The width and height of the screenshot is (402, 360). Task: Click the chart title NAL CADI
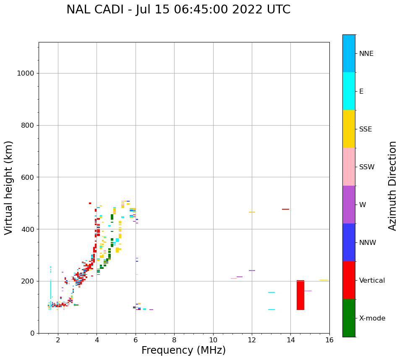178,10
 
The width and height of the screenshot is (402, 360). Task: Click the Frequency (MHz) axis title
183,350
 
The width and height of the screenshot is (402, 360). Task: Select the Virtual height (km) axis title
9,187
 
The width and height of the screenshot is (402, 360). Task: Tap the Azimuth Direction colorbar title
392,186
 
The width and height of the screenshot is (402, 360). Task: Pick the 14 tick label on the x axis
291,340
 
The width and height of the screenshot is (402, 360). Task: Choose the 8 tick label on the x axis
174,340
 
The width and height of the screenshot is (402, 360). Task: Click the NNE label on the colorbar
366,53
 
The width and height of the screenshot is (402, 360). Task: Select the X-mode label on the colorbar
372,318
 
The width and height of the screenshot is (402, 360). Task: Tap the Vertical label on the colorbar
372,280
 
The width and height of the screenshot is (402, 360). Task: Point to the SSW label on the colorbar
366,167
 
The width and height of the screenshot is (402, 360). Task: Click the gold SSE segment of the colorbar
349,129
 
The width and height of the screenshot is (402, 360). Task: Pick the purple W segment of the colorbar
349,205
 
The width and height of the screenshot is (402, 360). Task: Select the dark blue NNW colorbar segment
349,242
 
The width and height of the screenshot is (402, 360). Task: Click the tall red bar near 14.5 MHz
300,295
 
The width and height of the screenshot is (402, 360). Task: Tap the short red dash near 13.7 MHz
285,209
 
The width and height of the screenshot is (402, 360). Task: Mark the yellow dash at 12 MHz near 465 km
252,212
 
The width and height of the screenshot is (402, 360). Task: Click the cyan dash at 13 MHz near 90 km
271,310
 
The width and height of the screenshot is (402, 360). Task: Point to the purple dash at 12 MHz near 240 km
252,271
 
